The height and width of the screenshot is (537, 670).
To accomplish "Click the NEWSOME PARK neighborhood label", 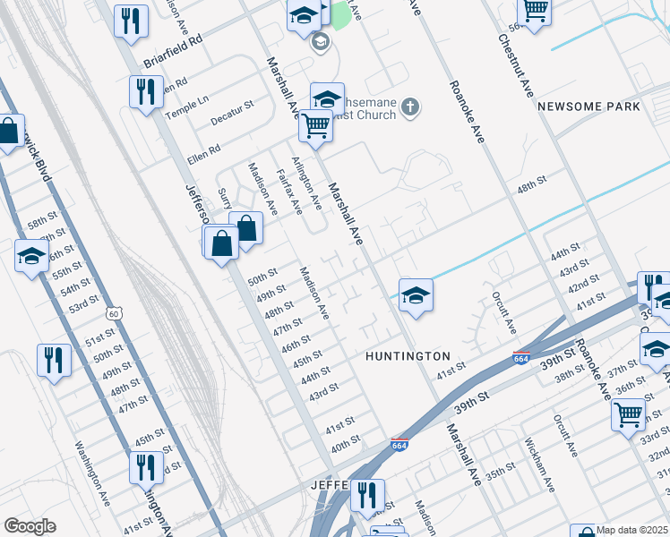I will pos(588,107).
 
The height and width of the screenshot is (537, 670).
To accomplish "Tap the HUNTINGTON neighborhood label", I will pos(408,356).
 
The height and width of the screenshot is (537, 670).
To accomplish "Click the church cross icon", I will pos(410,108).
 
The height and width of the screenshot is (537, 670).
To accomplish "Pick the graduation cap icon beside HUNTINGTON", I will pos(416,294).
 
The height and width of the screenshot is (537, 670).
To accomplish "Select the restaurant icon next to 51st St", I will pos(54,361).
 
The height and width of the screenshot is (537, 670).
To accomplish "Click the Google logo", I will pos(30,526).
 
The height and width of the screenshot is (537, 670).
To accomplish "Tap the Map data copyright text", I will pos(631,530).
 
